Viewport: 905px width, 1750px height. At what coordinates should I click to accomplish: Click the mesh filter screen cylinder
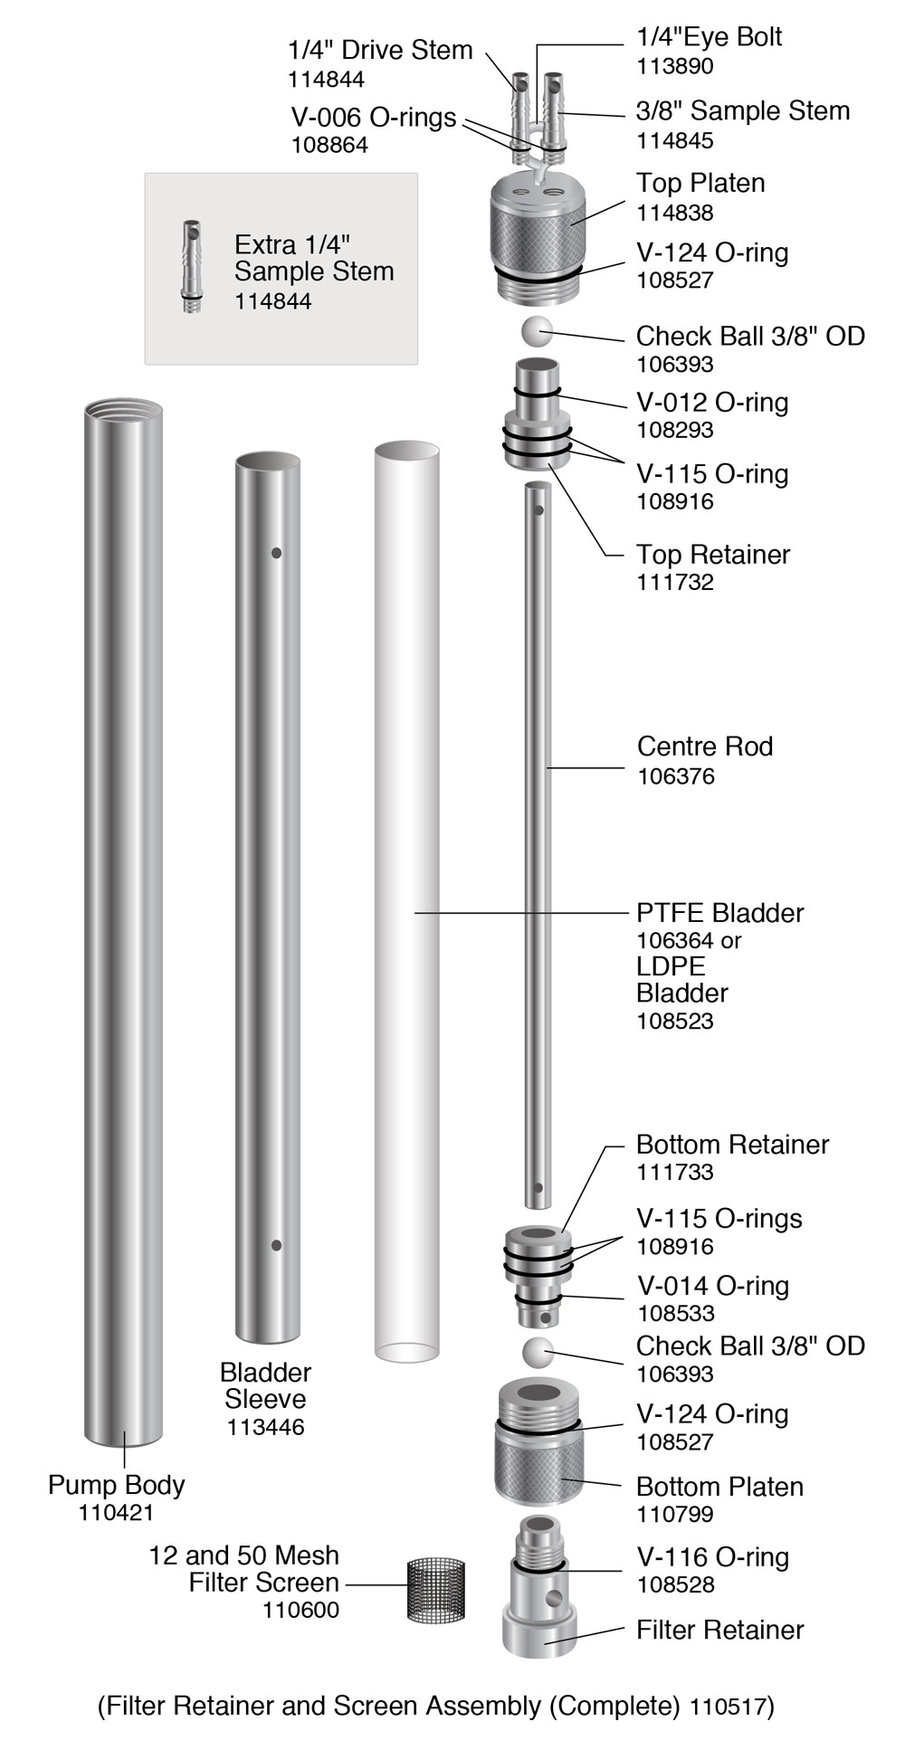coord(437,1589)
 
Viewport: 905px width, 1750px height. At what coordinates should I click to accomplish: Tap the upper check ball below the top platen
coord(537,332)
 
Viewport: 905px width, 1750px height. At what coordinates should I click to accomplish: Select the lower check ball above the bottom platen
coord(538,1353)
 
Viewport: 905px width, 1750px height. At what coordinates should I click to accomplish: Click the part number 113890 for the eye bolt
coord(675,66)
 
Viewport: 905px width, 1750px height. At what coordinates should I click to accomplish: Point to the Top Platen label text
coord(700,183)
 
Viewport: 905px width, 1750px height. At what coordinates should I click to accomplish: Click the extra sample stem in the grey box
coord(191,266)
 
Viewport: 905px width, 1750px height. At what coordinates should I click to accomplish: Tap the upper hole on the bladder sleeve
coord(276,553)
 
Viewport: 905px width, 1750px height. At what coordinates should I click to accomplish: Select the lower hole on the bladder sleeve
coord(276,1245)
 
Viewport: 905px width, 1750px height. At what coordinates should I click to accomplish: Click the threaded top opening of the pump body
coord(124,412)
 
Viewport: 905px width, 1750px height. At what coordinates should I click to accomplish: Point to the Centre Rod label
coord(704,747)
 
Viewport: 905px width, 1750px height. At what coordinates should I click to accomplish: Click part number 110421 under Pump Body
coord(116,1512)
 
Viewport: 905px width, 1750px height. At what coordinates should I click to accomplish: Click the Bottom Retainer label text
coord(732,1145)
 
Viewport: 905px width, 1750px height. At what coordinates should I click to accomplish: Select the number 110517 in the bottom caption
coord(729,1707)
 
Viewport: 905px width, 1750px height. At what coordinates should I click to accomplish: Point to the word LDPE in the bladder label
coord(671,966)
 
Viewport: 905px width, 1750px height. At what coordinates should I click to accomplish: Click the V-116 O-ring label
coord(712,1557)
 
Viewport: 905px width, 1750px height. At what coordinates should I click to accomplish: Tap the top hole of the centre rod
coord(538,509)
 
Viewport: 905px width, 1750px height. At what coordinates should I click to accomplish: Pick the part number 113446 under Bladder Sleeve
coord(265,1427)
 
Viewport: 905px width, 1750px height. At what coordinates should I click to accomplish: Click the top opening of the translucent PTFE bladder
coord(406,451)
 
